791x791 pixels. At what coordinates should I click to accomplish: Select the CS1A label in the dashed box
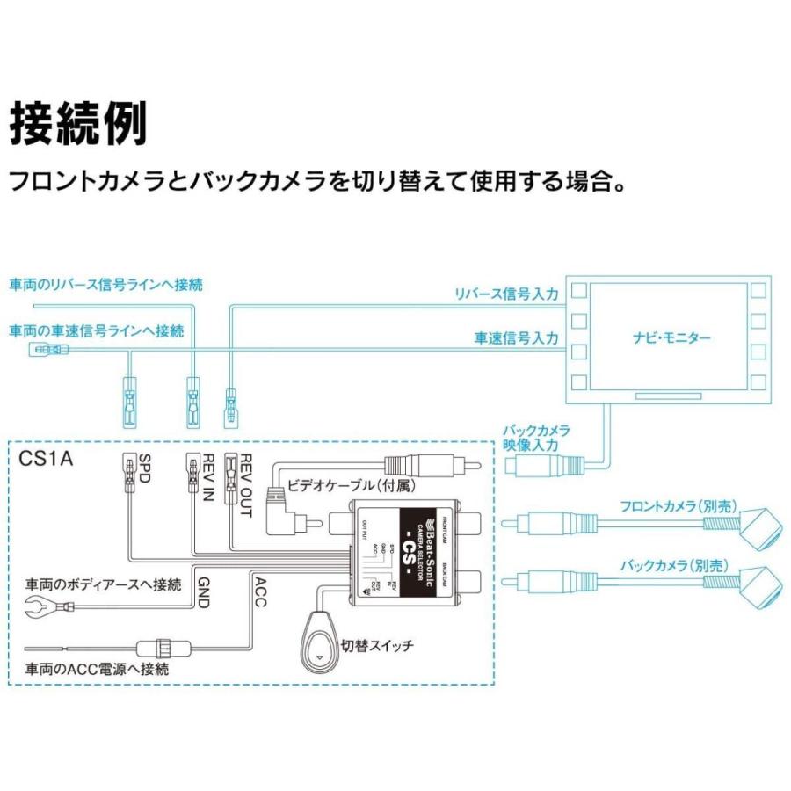(x=45, y=458)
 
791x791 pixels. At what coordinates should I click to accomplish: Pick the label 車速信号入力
(x=516, y=337)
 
